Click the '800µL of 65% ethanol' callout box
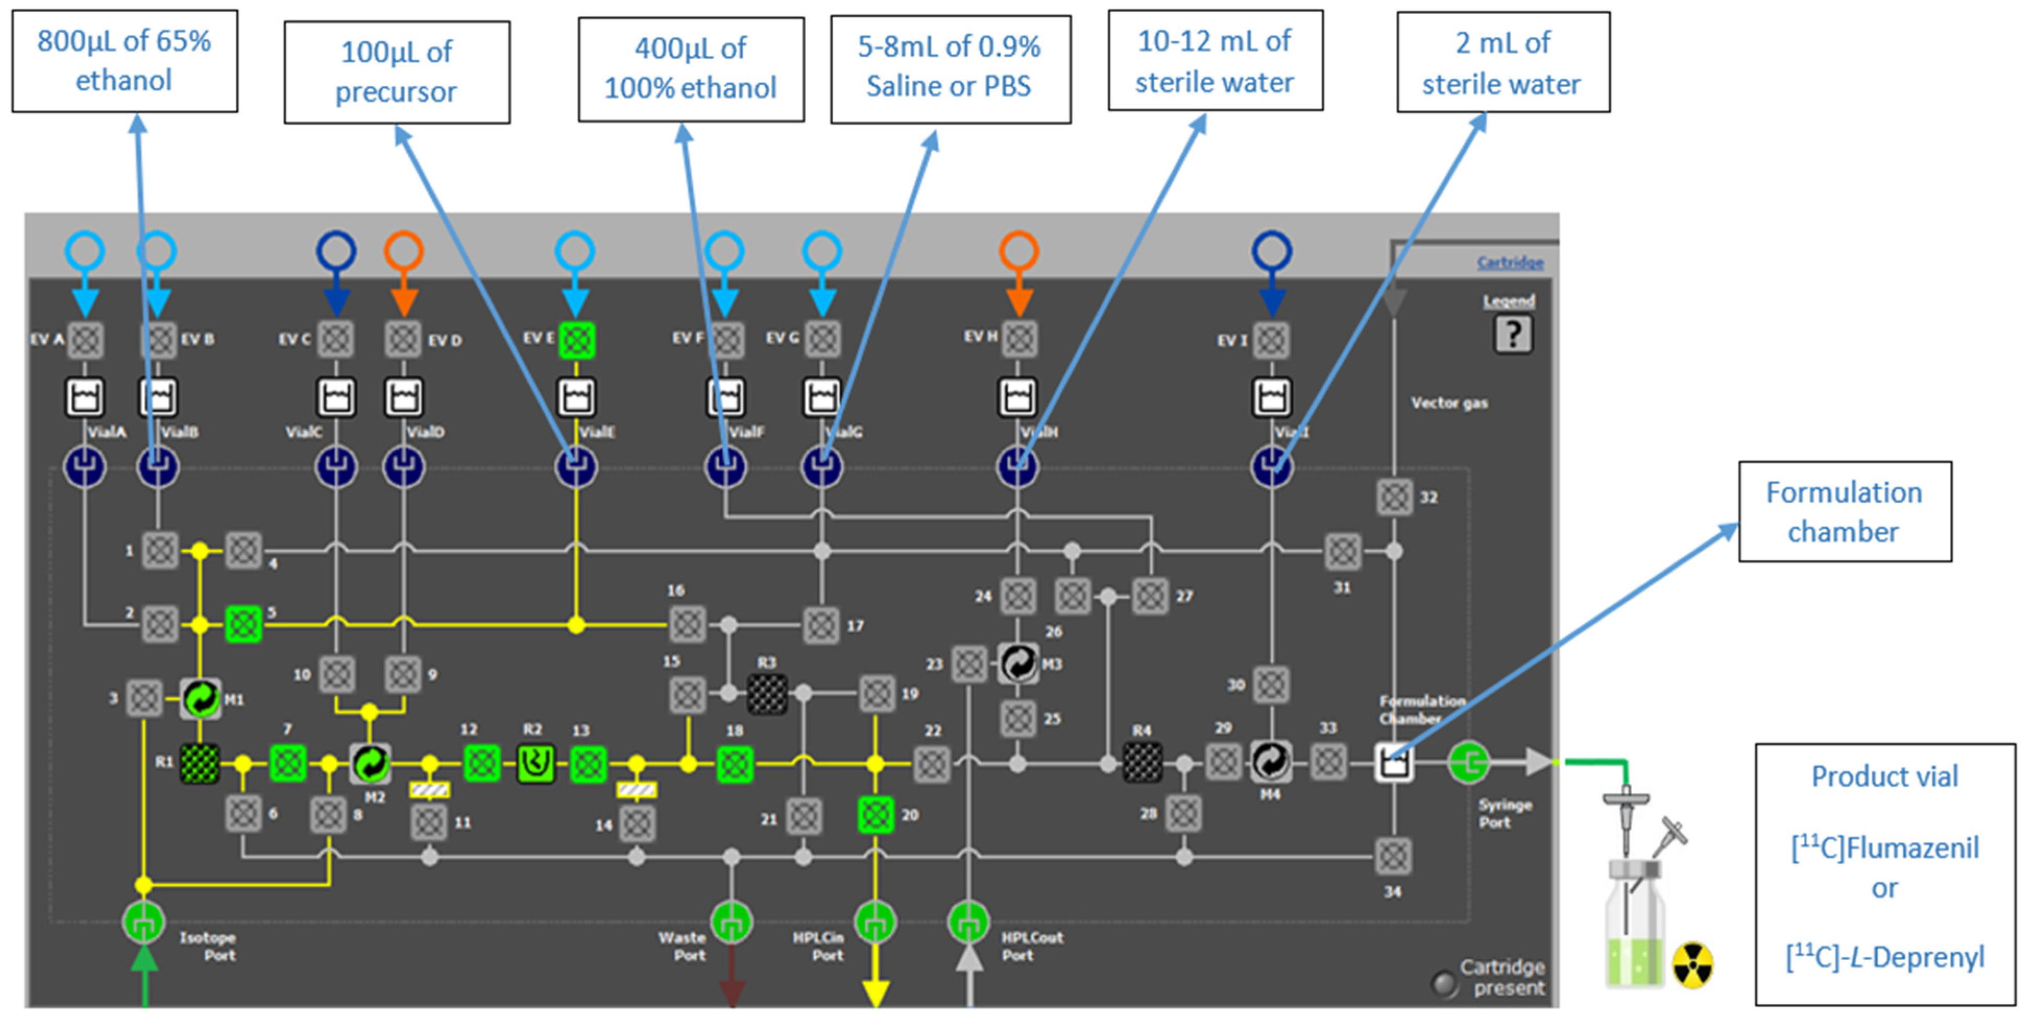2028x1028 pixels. tap(125, 61)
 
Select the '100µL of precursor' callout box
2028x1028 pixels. tap(397, 71)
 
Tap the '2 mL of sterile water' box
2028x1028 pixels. tap(1502, 62)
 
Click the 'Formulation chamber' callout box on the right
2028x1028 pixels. tap(1844, 512)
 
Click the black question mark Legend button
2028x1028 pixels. tap(1512, 334)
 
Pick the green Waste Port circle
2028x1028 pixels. tap(732, 921)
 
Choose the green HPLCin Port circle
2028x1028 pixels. tap(875, 921)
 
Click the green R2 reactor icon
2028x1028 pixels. tap(536, 763)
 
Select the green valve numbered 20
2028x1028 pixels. tap(875, 814)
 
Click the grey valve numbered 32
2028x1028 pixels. tap(1394, 497)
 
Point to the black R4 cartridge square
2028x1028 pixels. tap(1141, 762)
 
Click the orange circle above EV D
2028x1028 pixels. tap(404, 251)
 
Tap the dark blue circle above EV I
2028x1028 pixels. tap(1271, 251)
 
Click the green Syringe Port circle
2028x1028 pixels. tap(1468, 762)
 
